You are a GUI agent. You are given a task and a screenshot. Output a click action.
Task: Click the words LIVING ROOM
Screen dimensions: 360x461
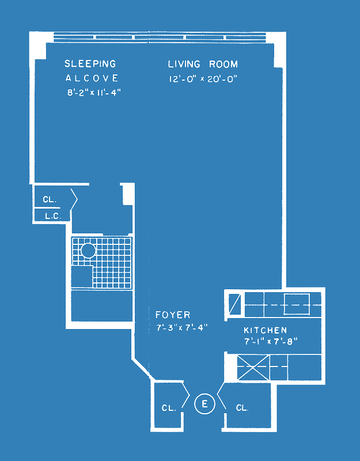203,64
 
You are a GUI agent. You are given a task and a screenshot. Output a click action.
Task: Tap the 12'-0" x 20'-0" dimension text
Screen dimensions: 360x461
203,79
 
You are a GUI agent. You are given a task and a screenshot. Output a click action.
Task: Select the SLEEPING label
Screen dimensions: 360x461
90,63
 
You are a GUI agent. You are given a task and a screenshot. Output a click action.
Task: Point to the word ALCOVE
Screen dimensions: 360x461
92,78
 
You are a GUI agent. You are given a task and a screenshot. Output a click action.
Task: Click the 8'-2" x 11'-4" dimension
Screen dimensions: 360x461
94,93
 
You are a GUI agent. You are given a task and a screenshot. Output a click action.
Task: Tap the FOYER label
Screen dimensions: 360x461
173,315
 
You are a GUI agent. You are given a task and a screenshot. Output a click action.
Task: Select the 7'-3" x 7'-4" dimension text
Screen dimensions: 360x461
182,327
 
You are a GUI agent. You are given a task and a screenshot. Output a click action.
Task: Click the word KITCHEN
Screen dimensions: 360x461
266,330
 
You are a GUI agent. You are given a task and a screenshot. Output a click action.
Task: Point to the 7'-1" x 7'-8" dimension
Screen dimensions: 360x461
271,342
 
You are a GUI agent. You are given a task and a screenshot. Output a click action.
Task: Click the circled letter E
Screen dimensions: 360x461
204,404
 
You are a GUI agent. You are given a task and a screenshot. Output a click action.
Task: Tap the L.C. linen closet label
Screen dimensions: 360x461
53,217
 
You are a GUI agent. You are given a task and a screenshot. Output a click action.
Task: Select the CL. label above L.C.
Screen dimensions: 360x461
50,199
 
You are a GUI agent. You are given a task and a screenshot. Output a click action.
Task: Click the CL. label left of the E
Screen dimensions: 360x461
169,408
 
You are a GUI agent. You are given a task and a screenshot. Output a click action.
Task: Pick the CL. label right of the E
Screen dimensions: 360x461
242,408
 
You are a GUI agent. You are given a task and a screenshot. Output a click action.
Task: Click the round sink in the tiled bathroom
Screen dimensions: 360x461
88,251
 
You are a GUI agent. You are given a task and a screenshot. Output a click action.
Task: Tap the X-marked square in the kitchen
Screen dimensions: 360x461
253,368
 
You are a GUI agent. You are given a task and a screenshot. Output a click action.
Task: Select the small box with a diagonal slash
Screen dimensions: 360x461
234,304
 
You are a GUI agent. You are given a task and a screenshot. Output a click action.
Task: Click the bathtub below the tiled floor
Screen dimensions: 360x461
102,306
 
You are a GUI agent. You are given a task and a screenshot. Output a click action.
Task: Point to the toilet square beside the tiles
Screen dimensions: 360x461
82,277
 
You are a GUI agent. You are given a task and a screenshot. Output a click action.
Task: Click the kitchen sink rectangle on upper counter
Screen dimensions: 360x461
297,304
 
